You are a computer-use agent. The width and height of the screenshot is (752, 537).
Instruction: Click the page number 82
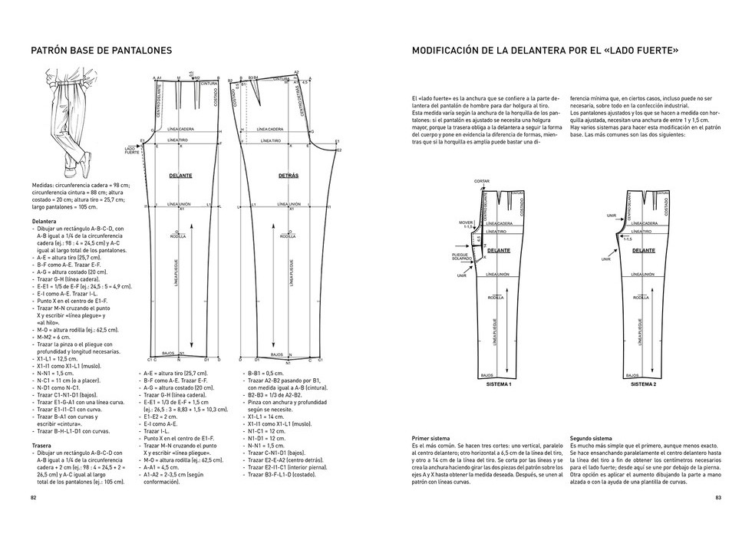pyautogui.click(x=33, y=498)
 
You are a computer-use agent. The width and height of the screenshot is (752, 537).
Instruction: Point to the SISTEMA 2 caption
pyautogui.click(x=643, y=384)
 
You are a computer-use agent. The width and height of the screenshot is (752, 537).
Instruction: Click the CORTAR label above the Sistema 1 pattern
pyautogui.click(x=482, y=181)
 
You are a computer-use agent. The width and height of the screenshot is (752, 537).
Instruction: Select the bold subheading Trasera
pyautogui.click(x=43, y=445)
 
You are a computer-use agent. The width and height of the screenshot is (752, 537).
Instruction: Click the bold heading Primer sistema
pyautogui.click(x=431, y=438)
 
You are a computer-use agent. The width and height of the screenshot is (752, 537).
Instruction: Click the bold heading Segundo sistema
pyautogui.click(x=592, y=438)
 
